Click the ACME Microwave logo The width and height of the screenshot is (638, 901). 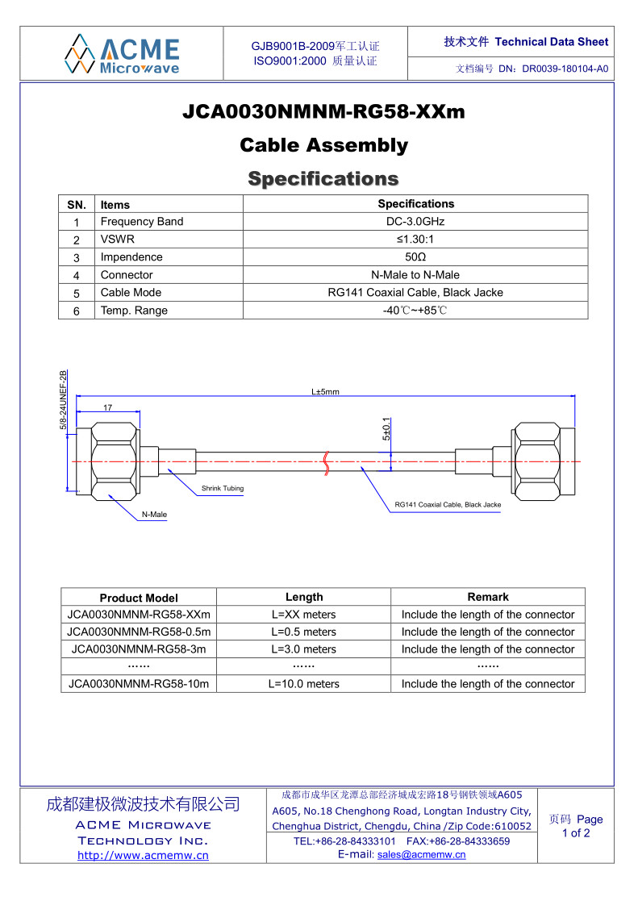pyautogui.click(x=122, y=54)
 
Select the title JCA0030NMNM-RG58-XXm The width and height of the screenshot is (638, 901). pyautogui.click(x=323, y=111)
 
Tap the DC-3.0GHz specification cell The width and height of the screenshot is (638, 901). pyautogui.click(x=415, y=222)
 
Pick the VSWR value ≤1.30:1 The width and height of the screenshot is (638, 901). pyautogui.click(x=415, y=240)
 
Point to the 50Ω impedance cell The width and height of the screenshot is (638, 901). pyautogui.click(x=415, y=257)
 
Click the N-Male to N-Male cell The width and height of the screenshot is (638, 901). pyautogui.click(x=415, y=275)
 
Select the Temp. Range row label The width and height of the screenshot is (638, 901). pyautogui.click(x=134, y=311)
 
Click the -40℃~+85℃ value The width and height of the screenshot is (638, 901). pyautogui.click(x=415, y=311)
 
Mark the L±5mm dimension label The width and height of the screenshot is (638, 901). pyautogui.click(x=325, y=392)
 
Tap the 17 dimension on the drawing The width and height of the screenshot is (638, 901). pyautogui.click(x=107, y=408)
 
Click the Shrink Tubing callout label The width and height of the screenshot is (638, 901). pyautogui.click(x=223, y=489)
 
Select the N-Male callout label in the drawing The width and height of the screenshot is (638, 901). pyautogui.click(x=154, y=515)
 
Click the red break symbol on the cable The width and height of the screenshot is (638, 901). pyautogui.click(x=326, y=461)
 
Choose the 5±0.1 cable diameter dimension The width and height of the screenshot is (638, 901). pyautogui.click(x=386, y=429)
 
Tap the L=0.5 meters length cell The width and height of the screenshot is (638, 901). pyautogui.click(x=303, y=632)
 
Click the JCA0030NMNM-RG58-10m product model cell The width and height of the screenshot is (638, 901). pyautogui.click(x=139, y=684)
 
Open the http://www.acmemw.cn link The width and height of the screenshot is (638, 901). pyautogui.click(x=143, y=856)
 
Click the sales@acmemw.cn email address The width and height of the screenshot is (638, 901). pyautogui.click(x=421, y=855)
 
